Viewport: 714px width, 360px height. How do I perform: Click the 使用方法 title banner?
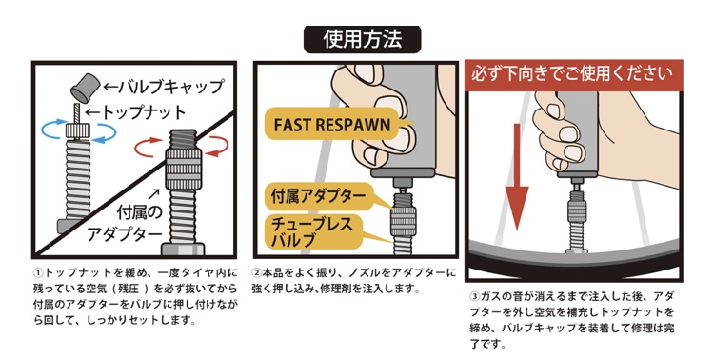[x=363, y=39]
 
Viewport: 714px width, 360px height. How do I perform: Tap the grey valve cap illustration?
[x=85, y=88]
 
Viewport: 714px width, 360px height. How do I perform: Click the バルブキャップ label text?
[x=165, y=86]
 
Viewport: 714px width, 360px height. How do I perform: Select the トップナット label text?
[x=136, y=112]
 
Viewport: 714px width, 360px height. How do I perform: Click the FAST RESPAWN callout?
[x=332, y=126]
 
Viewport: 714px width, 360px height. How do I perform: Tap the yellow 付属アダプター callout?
[x=319, y=196]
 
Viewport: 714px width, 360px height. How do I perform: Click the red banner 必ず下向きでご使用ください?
[x=574, y=73]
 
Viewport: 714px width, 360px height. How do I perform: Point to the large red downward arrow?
[x=516, y=177]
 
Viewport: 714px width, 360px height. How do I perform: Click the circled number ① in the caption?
[x=38, y=273]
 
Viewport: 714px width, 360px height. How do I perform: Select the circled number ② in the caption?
[x=257, y=273]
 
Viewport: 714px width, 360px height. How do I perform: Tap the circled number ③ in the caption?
[x=474, y=296]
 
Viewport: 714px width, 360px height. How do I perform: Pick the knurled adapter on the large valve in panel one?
[x=182, y=168]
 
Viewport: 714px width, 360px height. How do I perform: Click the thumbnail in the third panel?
[x=557, y=110]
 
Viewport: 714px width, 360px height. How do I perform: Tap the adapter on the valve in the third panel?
[x=576, y=212]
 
